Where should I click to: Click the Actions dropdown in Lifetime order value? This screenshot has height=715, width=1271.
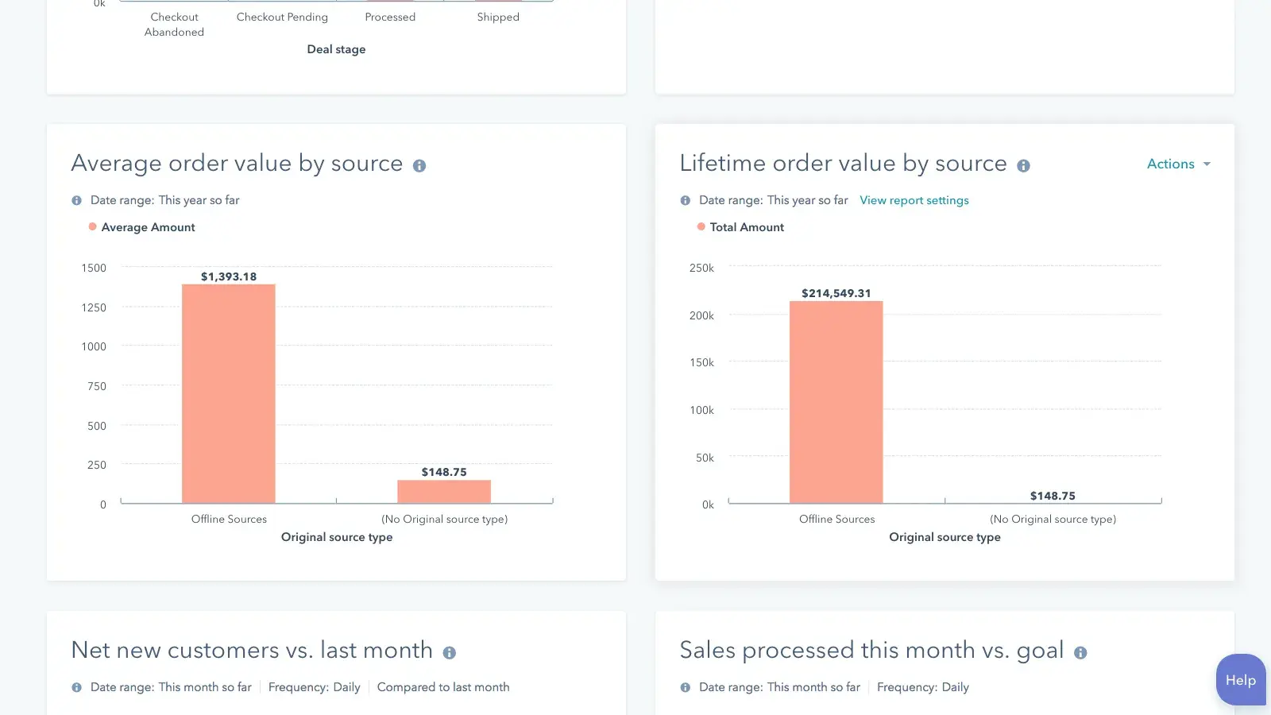point(1178,164)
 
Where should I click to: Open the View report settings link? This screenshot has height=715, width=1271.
point(914,200)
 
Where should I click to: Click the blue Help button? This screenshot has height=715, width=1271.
point(1240,679)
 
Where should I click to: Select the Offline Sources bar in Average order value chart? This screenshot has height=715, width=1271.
point(229,394)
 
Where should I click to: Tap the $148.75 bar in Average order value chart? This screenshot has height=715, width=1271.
point(444,492)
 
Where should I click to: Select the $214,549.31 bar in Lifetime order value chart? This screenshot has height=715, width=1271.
point(836,402)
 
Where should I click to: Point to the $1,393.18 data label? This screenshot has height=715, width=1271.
point(229,276)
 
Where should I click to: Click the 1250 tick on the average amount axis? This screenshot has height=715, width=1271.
point(94,307)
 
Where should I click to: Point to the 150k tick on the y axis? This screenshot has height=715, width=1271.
point(701,362)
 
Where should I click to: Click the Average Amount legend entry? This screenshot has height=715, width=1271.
point(148,227)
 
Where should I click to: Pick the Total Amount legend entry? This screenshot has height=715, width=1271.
point(746,227)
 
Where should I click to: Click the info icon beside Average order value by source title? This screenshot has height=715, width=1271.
point(419,165)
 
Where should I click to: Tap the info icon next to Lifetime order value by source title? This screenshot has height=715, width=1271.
point(1023,165)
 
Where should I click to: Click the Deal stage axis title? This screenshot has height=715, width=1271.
point(336,49)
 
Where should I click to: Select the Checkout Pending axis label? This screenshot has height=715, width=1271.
point(282,17)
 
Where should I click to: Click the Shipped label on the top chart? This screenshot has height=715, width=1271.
point(498,17)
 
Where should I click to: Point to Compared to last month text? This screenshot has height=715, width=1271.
point(443,687)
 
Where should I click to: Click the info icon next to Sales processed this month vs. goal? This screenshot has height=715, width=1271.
point(1080,652)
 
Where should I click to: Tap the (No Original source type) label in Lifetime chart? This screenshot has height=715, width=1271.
point(1053,519)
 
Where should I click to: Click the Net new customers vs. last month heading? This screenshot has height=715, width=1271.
point(251,650)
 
